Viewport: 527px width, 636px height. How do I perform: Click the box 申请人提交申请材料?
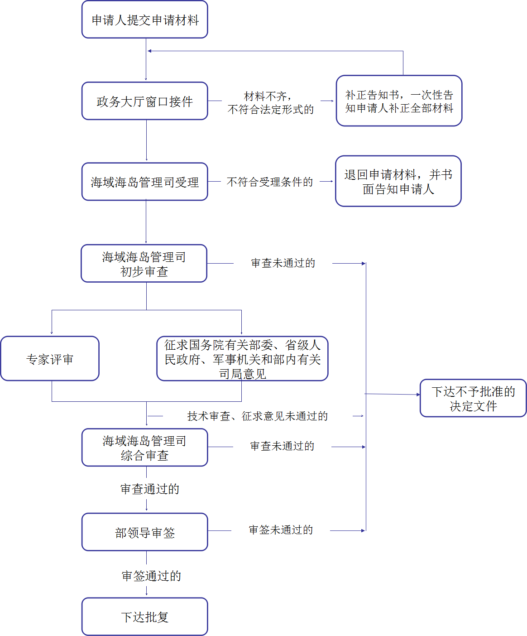pos(144,20)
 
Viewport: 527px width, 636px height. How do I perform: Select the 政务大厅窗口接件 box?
pos(144,101)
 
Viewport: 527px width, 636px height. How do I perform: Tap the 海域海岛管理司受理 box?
pos(144,182)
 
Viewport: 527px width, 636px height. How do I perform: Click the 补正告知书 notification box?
pos(399,101)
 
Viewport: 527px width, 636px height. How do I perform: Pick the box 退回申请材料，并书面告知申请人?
pos(398,181)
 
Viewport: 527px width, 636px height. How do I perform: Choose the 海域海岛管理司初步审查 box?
pos(144,264)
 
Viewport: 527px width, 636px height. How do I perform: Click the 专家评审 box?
pos(50,359)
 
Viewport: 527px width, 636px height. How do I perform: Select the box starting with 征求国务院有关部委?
pos(242,359)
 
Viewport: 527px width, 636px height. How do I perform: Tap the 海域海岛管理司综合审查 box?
pos(144,448)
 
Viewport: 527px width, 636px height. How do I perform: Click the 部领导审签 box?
pos(144,532)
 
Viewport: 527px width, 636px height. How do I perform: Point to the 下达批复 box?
pos(144,617)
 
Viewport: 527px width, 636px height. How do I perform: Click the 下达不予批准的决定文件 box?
pos(473,398)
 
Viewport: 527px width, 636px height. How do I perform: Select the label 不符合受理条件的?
pos(270,182)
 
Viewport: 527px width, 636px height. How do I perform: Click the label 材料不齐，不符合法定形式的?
pos(270,103)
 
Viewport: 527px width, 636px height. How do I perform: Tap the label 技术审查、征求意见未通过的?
pos(257,416)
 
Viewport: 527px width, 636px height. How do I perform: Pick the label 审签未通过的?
pos(281,530)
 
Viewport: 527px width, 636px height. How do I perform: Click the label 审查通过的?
pos(149,489)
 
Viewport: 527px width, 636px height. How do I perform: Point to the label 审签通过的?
pos(151,576)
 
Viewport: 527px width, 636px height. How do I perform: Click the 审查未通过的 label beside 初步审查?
pos(283,263)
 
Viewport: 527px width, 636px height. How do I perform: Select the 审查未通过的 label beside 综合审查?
pos(282,446)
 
